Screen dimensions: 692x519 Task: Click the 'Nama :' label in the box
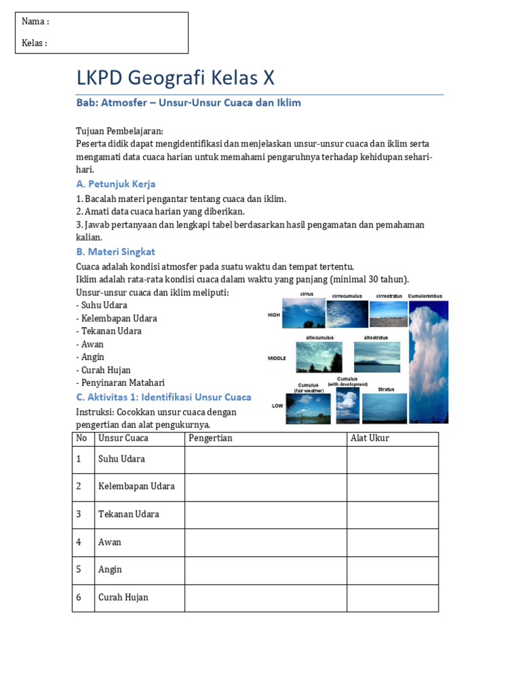(x=35, y=22)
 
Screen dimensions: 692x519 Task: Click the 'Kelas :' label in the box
(x=34, y=43)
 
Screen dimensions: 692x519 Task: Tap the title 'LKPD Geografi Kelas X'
(x=176, y=78)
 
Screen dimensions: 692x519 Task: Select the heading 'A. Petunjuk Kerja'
(x=116, y=184)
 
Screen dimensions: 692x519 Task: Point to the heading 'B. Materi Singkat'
(x=116, y=251)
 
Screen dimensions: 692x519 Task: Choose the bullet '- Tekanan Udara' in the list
(x=109, y=331)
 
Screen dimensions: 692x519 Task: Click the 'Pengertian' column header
(x=210, y=439)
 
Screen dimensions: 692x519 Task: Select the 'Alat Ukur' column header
(x=370, y=439)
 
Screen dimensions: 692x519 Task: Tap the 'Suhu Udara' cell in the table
(x=122, y=460)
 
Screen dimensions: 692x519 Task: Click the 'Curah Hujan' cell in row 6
(x=123, y=597)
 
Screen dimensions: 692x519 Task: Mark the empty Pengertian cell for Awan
(x=266, y=542)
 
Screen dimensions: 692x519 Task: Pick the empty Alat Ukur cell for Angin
(x=392, y=570)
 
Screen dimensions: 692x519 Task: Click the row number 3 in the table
(x=79, y=514)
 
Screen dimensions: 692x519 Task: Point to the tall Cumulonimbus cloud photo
(x=428, y=362)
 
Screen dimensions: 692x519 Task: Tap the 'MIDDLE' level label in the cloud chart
(x=277, y=358)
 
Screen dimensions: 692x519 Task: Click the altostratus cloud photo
(x=377, y=357)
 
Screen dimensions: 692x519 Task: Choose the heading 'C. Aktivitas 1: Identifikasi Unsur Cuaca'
(x=164, y=397)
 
